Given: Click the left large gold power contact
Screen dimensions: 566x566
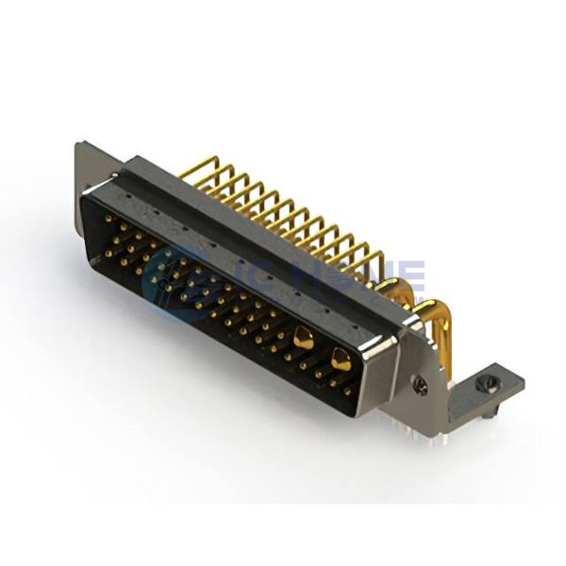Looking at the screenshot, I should [303, 336].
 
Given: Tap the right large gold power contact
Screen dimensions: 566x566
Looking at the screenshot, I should [340, 358].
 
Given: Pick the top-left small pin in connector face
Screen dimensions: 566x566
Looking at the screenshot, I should [106, 220].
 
